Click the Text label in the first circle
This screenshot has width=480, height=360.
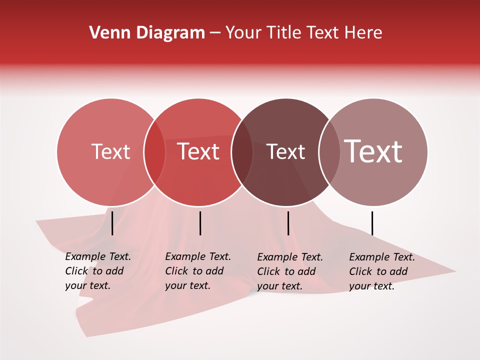coord(110,151)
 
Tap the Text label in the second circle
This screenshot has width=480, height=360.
coord(198,151)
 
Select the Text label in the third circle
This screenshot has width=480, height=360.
coord(285,151)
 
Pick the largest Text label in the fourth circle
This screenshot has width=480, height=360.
coord(373,151)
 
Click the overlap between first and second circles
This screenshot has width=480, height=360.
coord(154,152)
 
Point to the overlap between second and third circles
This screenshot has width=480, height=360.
coord(242,152)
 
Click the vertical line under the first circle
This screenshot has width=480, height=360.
coord(112,223)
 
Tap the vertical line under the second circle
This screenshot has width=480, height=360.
coord(200,223)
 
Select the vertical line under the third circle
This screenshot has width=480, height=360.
coord(288,223)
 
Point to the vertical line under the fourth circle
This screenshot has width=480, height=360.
coord(372,223)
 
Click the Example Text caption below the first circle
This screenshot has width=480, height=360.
coord(97,271)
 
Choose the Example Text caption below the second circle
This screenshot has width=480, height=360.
coord(197,271)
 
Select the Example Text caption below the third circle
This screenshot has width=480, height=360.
coord(289,271)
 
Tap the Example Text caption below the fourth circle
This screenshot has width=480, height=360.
coord(381,271)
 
